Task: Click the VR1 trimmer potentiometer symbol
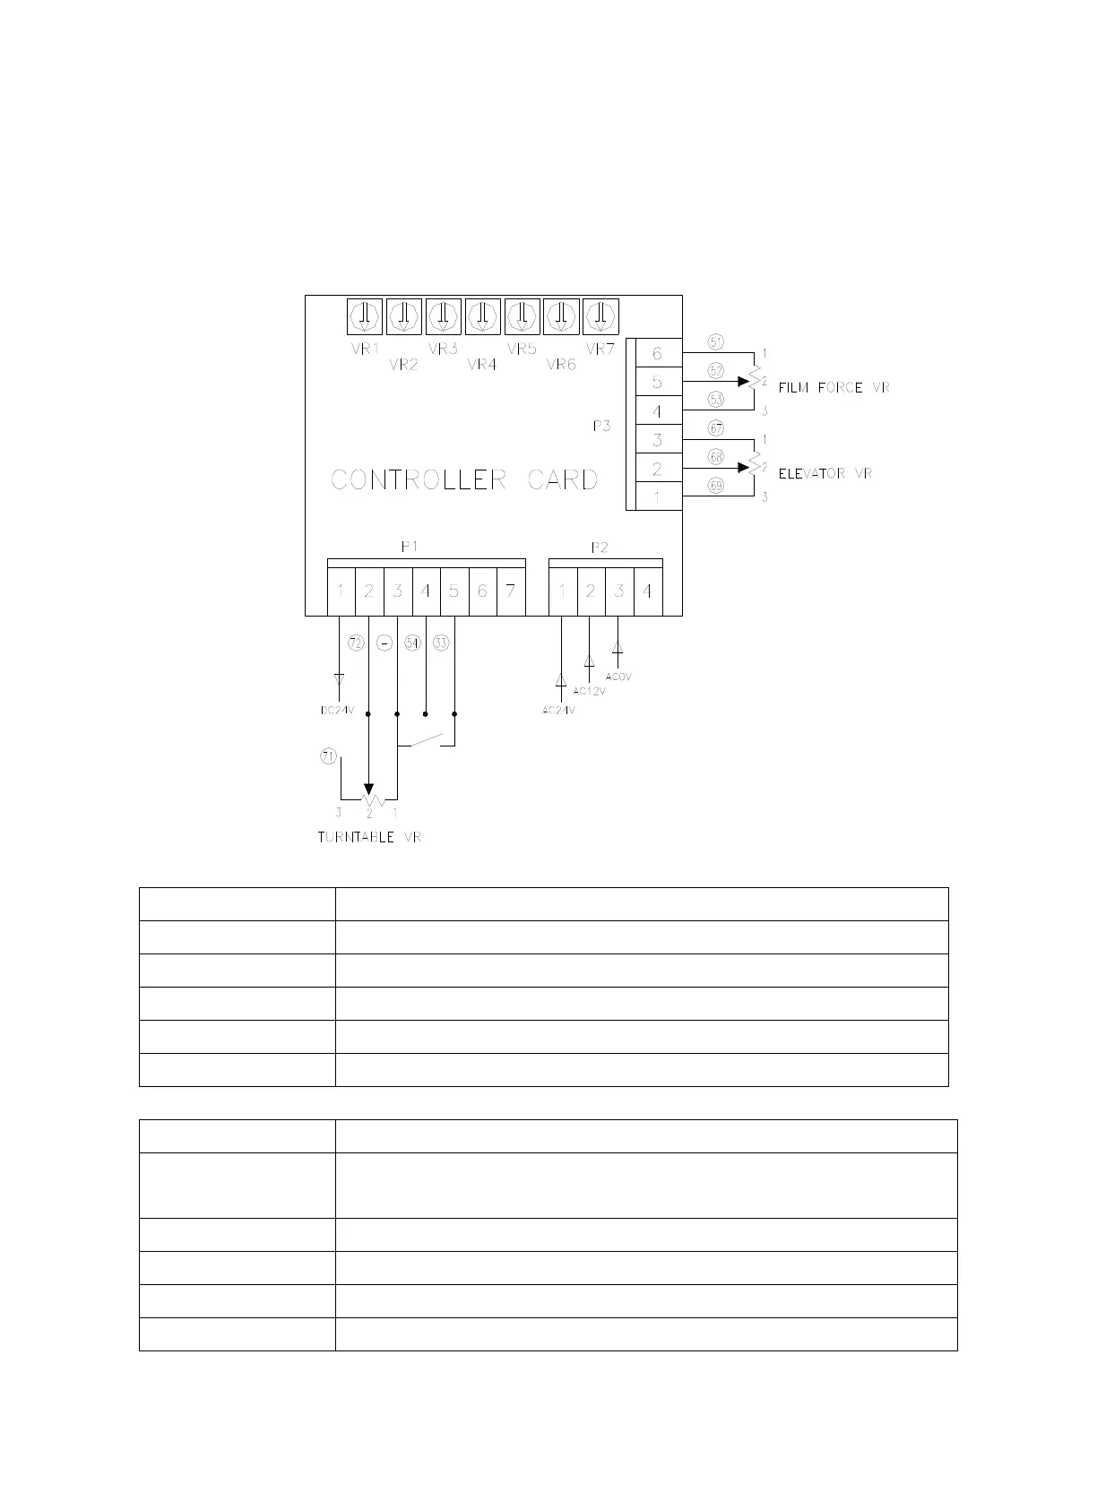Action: (x=365, y=316)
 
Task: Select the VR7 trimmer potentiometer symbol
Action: (x=600, y=316)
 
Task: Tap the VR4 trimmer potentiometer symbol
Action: (x=482, y=316)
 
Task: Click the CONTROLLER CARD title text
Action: (x=464, y=480)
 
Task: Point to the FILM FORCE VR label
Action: (x=834, y=388)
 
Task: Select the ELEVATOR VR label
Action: (x=825, y=473)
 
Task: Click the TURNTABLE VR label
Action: (x=369, y=838)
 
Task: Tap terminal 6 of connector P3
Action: (x=657, y=353)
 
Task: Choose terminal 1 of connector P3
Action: (x=657, y=496)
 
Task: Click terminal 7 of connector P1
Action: (x=511, y=591)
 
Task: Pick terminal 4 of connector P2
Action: (x=647, y=591)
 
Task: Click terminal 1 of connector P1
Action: (x=341, y=591)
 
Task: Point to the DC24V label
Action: (x=338, y=711)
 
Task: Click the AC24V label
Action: (x=558, y=711)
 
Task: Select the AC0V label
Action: (x=618, y=677)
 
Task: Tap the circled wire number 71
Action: (x=328, y=756)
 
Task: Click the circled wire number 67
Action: (x=715, y=428)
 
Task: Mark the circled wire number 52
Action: (x=715, y=370)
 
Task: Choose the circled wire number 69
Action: (x=715, y=486)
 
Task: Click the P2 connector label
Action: (x=600, y=548)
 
